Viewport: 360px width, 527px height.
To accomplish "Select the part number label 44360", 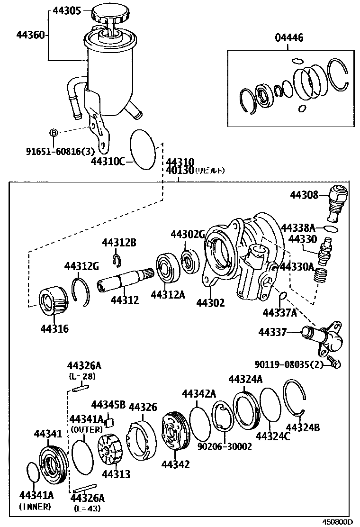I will pyautogui.click(x=31, y=35).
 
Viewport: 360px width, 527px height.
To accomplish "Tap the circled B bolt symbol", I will pyautogui.click(x=54, y=133).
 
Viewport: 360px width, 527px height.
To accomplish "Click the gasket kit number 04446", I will pyautogui.click(x=289, y=38).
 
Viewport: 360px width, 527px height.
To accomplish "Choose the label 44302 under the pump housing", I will pyautogui.click(x=210, y=302).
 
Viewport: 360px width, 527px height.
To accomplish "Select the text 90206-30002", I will pyautogui.click(x=225, y=446).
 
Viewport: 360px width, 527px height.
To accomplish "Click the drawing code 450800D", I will pyautogui.click(x=338, y=521).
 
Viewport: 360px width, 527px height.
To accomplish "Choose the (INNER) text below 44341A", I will pyautogui.click(x=35, y=507).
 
